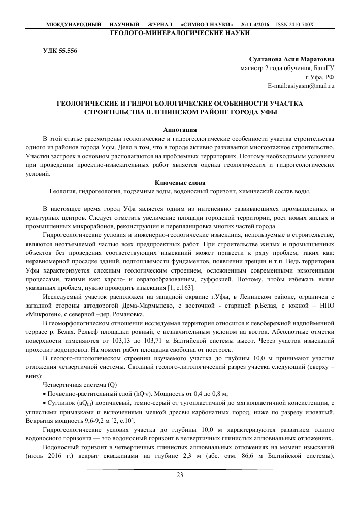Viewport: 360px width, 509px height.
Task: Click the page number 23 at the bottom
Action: click(180, 475)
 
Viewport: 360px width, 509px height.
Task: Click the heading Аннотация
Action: click(179, 129)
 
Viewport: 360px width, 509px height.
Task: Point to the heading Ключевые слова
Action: click(179, 182)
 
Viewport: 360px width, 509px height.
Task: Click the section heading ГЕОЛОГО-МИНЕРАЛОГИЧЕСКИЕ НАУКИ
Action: click(180, 32)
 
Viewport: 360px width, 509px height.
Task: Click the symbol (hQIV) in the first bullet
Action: click(143, 394)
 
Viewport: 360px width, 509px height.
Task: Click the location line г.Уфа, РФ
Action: click(319, 77)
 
